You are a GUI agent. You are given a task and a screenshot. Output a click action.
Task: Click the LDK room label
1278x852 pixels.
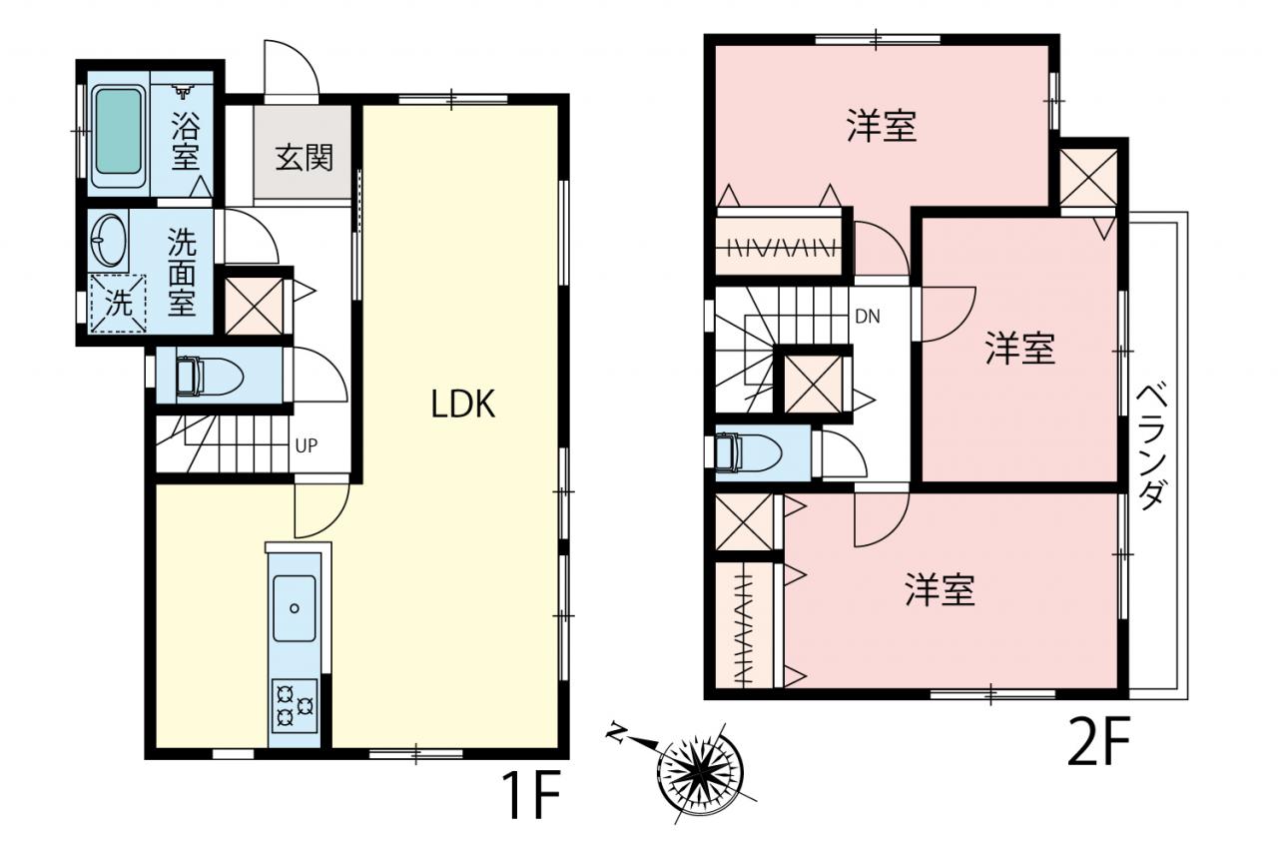point(462,405)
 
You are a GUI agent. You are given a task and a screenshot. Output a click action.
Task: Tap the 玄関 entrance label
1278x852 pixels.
point(305,158)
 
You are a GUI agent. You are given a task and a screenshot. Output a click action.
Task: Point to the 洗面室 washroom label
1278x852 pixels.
point(182,273)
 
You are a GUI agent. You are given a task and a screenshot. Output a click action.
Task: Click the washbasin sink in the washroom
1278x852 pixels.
point(109,240)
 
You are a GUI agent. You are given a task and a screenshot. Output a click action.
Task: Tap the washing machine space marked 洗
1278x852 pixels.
point(119,303)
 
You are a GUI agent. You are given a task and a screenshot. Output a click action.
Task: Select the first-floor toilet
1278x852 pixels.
point(210,377)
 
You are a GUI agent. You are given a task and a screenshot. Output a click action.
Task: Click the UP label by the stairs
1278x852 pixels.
point(307,445)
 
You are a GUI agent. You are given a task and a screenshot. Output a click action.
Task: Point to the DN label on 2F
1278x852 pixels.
point(868,317)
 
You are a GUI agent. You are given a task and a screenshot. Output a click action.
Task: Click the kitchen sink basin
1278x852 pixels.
point(295,608)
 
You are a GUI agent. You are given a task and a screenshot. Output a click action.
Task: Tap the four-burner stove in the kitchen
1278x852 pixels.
point(295,706)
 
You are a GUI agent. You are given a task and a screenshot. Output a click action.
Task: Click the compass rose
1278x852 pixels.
point(701,773)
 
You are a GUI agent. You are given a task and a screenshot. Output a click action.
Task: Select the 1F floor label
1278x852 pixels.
point(531,795)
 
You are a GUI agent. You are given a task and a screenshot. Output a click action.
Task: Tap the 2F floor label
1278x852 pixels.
point(1097,741)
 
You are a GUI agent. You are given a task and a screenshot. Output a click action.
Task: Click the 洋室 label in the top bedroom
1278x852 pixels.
point(882,126)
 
